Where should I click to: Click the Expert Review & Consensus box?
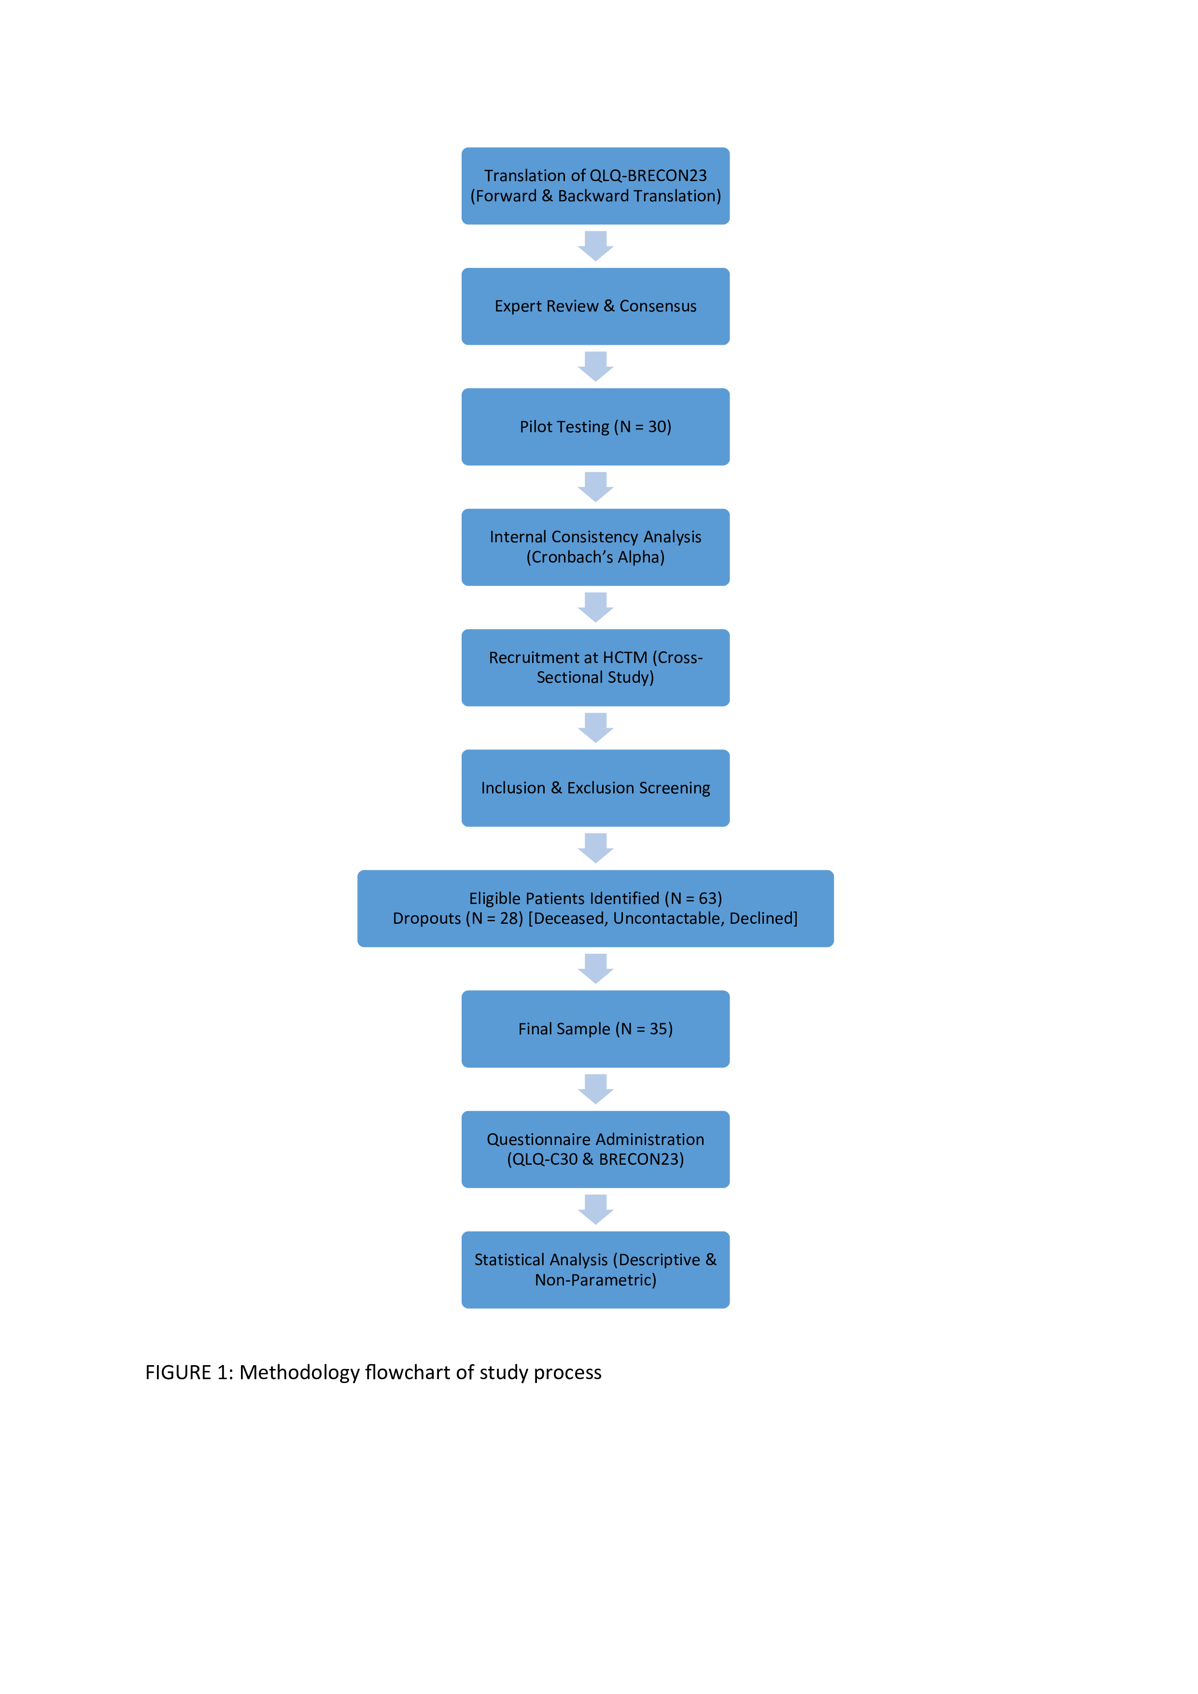pos(595,306)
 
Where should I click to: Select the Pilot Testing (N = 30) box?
pos(595,426)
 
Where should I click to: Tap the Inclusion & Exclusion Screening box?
pos(595,788)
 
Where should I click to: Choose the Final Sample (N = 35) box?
pos(595,1029)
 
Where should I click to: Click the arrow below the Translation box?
pos(595,246)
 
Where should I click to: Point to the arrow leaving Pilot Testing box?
pos(595,487)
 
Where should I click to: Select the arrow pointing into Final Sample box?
pos(595,968)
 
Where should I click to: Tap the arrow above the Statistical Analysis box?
pos(595,1209)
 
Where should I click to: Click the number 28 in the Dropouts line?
pos(510,918)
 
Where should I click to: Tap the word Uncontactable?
pos(668,918)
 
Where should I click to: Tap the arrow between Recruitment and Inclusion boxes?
pos(595,727)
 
